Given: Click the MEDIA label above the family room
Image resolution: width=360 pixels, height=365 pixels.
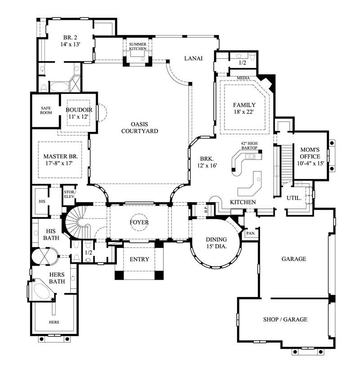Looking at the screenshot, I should (243, 78).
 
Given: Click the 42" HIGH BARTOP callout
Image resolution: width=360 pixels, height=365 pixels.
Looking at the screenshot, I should (248, 145).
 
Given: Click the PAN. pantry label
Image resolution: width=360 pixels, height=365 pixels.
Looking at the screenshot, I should (250, 234).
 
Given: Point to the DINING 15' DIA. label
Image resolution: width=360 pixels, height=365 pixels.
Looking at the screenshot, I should (216, 243).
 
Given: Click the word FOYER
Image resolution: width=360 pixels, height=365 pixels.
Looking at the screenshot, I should (139, 222).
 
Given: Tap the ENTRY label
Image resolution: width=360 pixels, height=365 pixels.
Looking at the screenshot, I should (139, 259).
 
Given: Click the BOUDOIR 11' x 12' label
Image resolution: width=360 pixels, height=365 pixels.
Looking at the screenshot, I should (79, 113).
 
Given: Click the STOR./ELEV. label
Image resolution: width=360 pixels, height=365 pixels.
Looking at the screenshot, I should (69, 194).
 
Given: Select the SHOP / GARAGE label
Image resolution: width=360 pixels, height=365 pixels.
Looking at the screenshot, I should (285, 319).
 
